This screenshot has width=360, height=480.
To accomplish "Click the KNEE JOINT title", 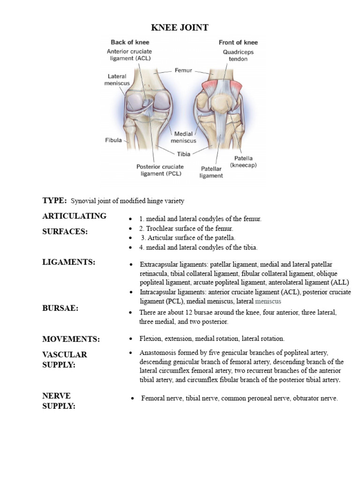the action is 180,28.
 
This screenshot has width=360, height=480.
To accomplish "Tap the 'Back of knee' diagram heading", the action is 130,42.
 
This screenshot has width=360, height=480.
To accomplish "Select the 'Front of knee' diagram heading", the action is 238,42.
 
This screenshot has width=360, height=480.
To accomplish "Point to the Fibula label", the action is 113,140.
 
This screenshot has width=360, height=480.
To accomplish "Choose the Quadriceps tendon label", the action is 235,56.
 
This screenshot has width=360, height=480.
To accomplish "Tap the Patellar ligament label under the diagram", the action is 212,172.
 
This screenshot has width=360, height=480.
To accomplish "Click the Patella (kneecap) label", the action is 243,162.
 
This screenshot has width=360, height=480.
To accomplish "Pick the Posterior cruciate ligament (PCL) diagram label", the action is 160,170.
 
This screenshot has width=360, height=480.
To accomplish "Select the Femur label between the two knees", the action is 183,70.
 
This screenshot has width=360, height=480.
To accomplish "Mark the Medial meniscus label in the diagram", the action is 183,137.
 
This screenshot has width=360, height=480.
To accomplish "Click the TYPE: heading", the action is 54,201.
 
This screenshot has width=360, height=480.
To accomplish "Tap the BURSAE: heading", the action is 60,308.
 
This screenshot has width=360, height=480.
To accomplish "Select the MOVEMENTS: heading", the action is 71,339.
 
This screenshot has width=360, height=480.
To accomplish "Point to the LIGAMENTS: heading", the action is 69,262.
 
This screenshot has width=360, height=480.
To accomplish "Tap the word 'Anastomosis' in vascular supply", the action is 158,352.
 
